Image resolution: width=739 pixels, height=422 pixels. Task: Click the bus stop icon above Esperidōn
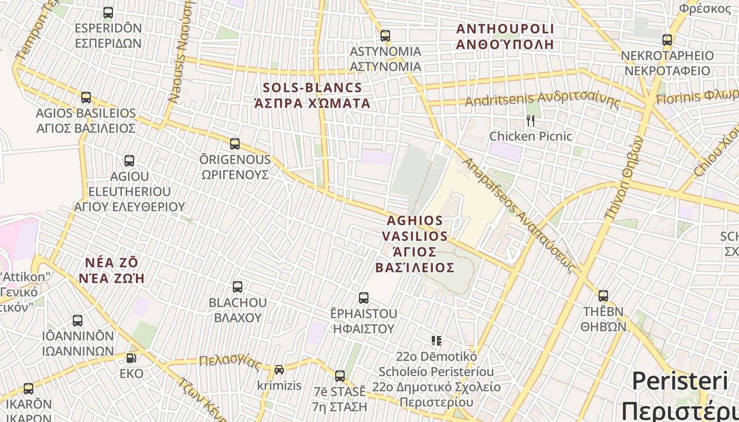(108, 13)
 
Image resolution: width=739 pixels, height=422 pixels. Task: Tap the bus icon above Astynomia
(385, 36)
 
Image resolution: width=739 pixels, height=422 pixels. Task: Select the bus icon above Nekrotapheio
(667, 40)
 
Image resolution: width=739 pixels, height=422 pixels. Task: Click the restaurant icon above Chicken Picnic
(530, 121)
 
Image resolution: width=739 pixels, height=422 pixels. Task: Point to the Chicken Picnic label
(530, 136)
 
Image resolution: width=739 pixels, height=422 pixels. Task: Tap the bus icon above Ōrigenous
(235, 144)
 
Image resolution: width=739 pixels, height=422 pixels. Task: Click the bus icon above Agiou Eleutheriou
(129, 161)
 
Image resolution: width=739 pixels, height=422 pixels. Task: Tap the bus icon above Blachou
(238, 287)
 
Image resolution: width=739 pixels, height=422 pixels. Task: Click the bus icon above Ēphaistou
(364, 298)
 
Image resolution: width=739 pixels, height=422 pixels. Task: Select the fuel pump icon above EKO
(131, 358)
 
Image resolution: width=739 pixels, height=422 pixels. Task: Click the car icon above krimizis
(279, 370)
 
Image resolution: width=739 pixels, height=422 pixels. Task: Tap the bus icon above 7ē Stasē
(340, 376)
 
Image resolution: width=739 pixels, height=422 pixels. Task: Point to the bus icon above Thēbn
(603, 296)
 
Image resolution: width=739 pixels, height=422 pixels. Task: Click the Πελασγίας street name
(230, 362)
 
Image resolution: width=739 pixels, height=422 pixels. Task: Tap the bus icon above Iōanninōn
(78, 321)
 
